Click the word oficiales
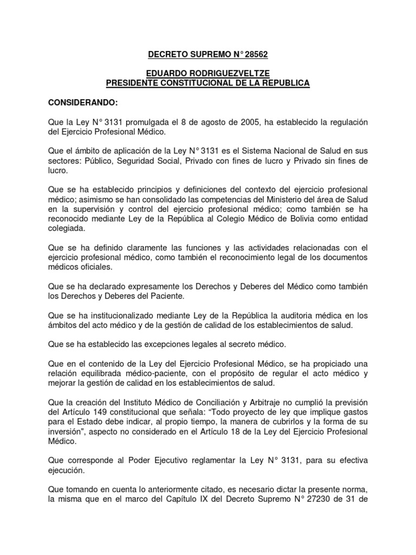click(109, 267)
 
